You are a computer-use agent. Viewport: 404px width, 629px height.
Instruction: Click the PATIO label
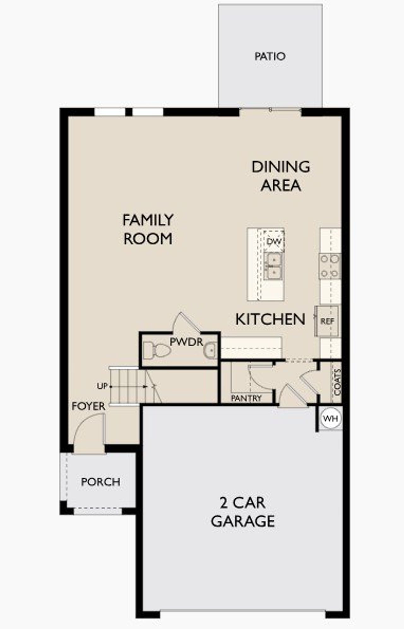click(x=270, y=56)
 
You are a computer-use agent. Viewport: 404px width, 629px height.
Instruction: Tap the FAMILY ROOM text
click(x=148, y=229)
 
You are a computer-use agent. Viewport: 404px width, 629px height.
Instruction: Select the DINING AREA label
click(x=280, y=176)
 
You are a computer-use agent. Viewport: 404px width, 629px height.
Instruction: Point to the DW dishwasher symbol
click(x=274, y=242)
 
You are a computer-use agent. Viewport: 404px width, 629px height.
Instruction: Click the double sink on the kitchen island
click(x=273, y=266)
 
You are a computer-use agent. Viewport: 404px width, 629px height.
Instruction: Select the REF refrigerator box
click(x=327, y=321)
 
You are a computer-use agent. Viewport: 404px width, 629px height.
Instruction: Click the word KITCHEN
click(x=270, y=319)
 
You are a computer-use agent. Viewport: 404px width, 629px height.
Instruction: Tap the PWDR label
click(x=187, y=342)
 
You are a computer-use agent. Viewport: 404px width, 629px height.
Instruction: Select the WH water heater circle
click(x=330, y=419)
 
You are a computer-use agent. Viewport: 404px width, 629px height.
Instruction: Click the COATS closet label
click(x=337, y=382)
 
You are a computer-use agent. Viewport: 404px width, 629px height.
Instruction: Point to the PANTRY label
click(x=246, y=398)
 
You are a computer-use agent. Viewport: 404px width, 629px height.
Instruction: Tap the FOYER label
click(x=88, y=406)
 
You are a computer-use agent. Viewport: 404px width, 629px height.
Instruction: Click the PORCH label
click(x=100, y=482)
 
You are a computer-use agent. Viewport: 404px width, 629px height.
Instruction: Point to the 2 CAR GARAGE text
click(x=242, y=512)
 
